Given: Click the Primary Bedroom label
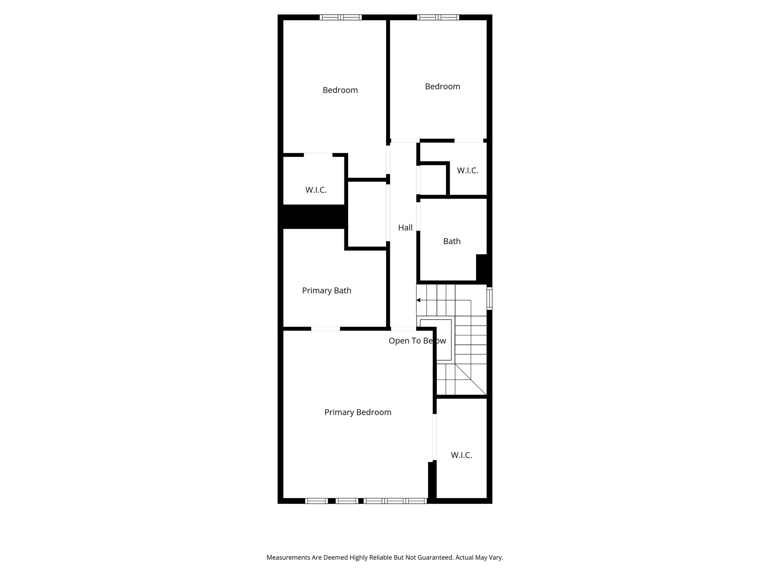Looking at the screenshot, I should [x=358, y=412].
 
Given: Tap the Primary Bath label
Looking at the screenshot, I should [x=326, y=290].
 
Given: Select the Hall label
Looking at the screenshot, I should [x=405, y=228].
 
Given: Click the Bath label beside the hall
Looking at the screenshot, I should [x=452, y=241].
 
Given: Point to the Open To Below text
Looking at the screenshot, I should [x=417, y=341].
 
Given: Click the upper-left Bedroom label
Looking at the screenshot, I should [x=340, y=90].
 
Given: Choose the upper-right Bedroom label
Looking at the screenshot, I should [x=442, y=86].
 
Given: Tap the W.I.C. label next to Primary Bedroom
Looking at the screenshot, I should [x=461, y=455].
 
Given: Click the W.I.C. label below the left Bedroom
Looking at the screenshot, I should [x=316, y=190].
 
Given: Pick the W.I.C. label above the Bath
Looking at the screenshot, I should [x=467, y=171].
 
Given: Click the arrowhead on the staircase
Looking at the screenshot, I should [x=418, y=300].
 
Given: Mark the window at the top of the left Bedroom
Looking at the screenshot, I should [x=341, y=17].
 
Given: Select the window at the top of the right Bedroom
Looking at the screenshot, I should [x=438, y=17].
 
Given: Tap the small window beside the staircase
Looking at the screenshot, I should [x=489, y=299].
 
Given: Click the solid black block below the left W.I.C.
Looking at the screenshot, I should [x=314, y=216].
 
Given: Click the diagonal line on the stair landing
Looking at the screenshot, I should [x=471, y=379].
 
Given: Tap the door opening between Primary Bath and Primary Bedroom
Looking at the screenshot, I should [x=326, y=329].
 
